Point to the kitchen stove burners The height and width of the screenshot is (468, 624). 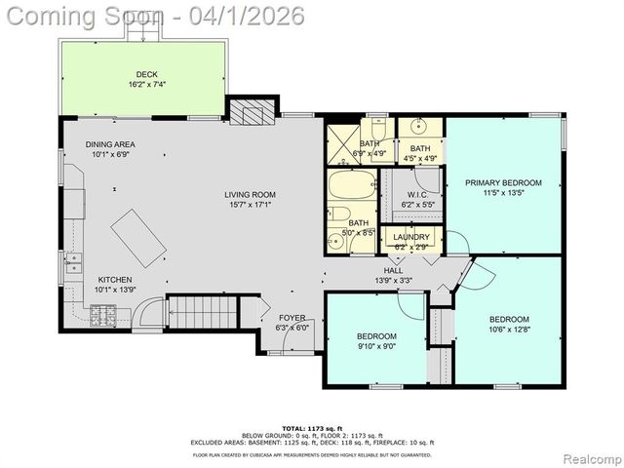pos(103,316)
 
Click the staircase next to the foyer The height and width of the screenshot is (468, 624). pos(202,313)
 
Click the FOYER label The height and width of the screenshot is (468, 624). pos(292,318)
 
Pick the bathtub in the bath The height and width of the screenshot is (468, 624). pos(348,185)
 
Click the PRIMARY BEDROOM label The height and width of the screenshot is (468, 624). pos(503,182)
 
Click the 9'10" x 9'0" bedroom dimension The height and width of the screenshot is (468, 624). pos(375,347)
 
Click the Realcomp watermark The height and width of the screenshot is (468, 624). pos(583,458)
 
